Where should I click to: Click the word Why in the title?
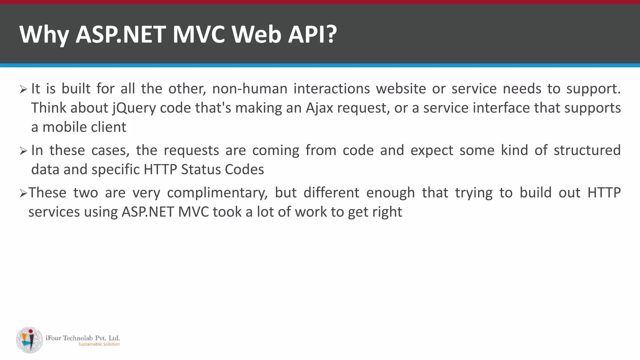(x=44, y=34)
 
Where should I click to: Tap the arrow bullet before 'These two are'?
(x=23, y=194)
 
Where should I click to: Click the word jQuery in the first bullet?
(x=134, y=108)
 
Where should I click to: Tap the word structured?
(x=587, y=150)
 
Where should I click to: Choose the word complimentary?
(x=217, y=193)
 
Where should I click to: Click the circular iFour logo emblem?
(x=30, y=340)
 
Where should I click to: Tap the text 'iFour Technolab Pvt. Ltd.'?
(x=83, y=338)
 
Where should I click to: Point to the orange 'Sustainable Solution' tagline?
(x=99, y=344)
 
